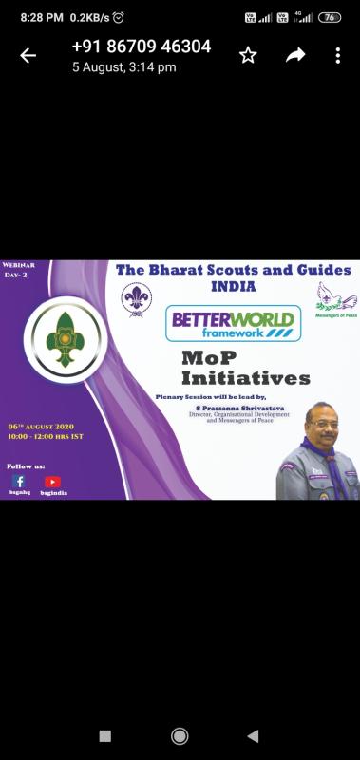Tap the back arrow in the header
(x=28, y=55)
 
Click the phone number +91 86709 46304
(x=142, y=47)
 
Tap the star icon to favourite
(x=248, y=55)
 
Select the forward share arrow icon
(x=296, y=55)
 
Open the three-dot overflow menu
(x=337, y=55)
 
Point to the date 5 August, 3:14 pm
(x=124, y=67)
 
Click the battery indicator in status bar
(x=329, y=17)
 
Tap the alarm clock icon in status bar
(x=118, y=17)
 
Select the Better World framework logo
(x=234, y=323)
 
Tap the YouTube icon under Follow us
(x=52, y=482)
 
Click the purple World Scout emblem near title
(x=136, y=299)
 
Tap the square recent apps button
(x=104, y=735)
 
